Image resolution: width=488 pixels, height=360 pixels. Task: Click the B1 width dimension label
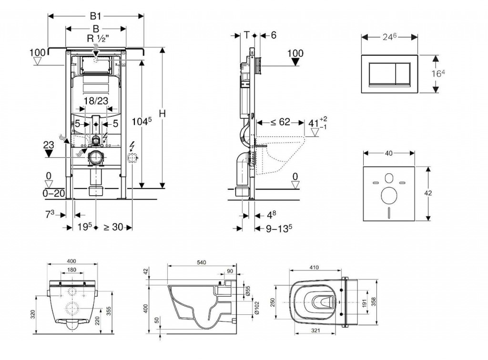point(95,15)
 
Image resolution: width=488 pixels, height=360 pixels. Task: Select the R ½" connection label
point(95,39)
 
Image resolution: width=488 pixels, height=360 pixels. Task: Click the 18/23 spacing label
point(96,100)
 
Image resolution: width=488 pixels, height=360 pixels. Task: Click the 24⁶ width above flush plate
point(389,36)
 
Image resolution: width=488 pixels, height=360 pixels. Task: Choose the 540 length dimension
point(201,262)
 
